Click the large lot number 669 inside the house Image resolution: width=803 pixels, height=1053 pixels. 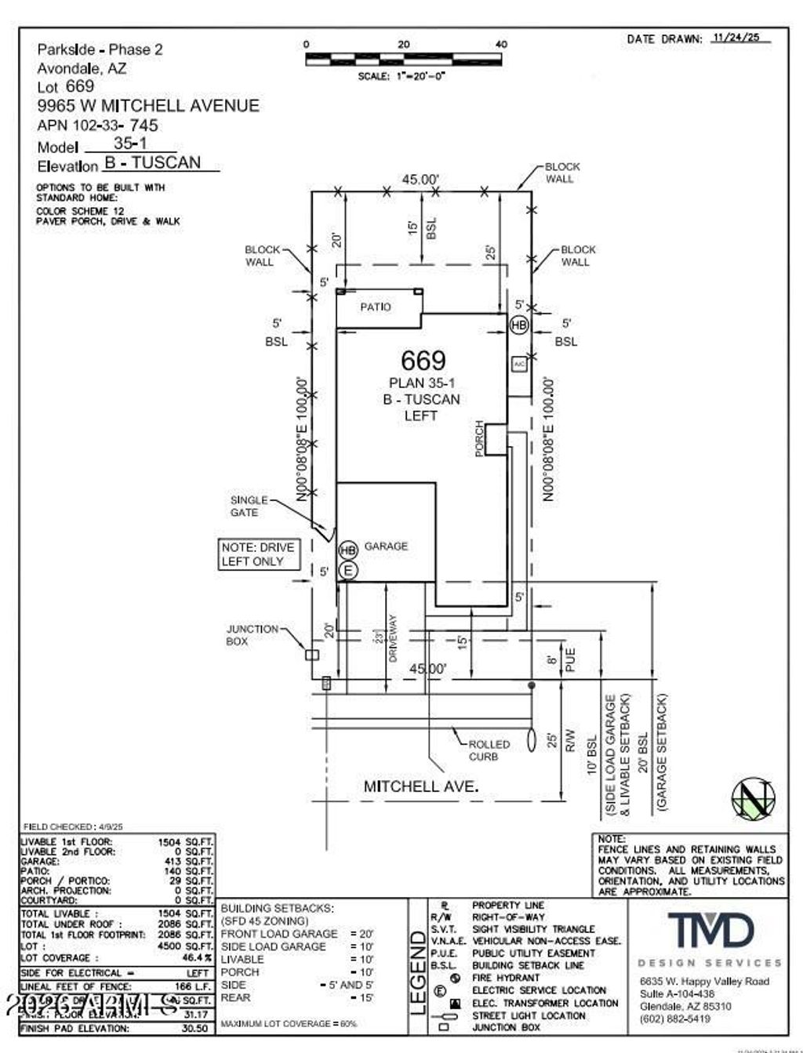(x=423, y=360)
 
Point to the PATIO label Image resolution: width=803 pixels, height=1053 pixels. (x=375, y=307)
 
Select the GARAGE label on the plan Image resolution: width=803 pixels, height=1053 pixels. (x=386, y=546)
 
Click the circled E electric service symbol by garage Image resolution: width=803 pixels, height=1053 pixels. (x=348, y=570)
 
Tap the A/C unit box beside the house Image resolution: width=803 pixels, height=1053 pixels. (x=518, y=365)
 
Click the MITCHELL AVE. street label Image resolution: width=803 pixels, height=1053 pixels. (x=420, y=786)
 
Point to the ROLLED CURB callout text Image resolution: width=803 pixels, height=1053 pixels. (x=489, y=750)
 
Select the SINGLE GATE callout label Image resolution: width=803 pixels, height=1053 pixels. (x=249, y=506)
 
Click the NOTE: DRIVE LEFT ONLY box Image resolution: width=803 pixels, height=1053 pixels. (x=258, y=554)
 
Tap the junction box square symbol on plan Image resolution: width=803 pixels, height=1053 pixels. (x=312, y=654)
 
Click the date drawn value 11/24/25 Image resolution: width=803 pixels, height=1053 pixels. (x=740, y=38)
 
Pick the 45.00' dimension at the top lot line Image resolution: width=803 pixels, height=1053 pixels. (x=420, y=179)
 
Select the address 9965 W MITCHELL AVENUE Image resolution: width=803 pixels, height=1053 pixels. (x=148, y=106)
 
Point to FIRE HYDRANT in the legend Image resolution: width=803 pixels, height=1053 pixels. (x=506, y=978)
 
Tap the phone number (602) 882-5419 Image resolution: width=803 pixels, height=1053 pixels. (x=675, y=1019)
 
